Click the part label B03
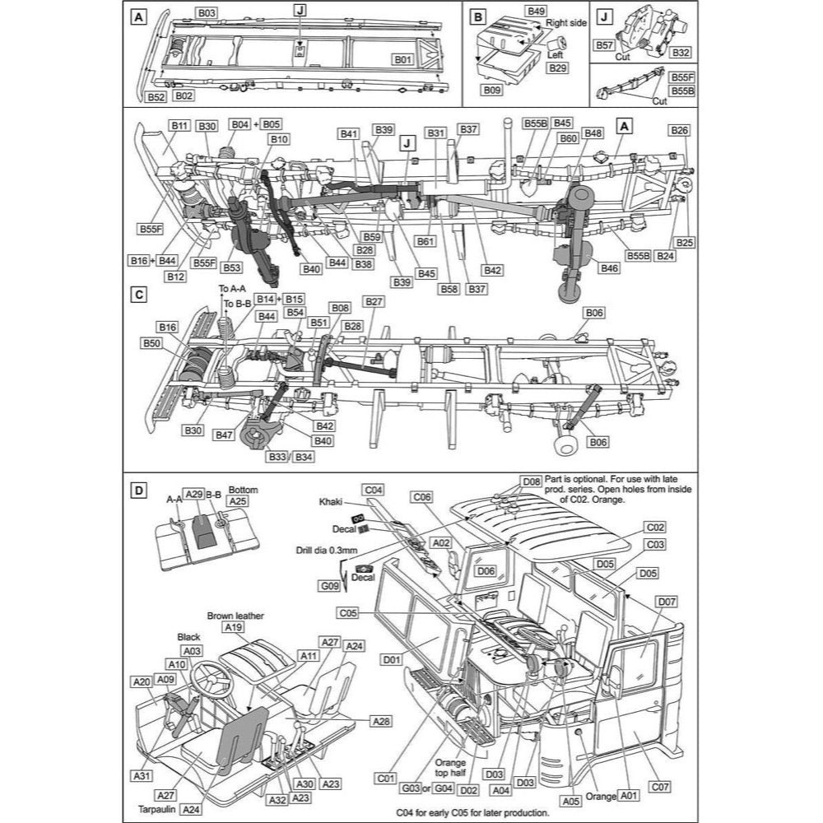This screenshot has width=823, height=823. coord(207,13)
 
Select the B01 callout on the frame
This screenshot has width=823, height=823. coord(402,60)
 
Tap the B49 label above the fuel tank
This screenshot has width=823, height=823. coord(536,11)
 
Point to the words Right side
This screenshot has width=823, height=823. coord(566,23)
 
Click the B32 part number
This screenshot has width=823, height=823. coord(681,52)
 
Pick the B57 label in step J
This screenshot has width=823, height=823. coord(604,46)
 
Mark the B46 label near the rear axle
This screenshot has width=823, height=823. coord(610,268)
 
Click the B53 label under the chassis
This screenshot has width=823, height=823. coord(231,267)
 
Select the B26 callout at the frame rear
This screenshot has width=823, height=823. coord(679,130)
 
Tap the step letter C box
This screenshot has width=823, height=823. coord(139,294)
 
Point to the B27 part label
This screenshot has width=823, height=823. coord(374,301)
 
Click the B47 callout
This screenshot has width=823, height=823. coord(224,435)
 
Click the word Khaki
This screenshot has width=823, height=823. coord(332,500)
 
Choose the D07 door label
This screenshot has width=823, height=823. coord(667,602)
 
